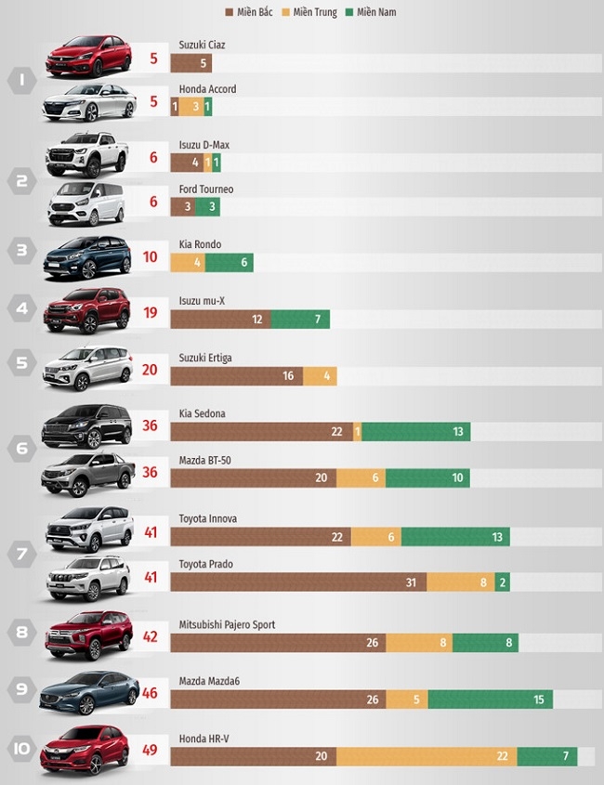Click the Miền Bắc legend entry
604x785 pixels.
254,12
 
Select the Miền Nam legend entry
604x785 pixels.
371,12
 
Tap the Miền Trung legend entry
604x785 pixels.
314,12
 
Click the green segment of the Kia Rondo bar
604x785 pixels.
230,263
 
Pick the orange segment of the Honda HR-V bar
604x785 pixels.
427,756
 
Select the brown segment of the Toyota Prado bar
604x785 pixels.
298,582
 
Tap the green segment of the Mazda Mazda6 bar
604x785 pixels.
490,700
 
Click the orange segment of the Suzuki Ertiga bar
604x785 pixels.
319,376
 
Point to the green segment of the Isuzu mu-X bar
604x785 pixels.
300,320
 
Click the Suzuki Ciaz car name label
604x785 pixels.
202,45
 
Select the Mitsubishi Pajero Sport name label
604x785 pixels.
227,625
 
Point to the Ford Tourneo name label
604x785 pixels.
205,190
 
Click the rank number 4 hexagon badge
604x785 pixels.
21,307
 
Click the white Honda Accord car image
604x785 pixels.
89,102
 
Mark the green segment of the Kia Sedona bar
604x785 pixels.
415,432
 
